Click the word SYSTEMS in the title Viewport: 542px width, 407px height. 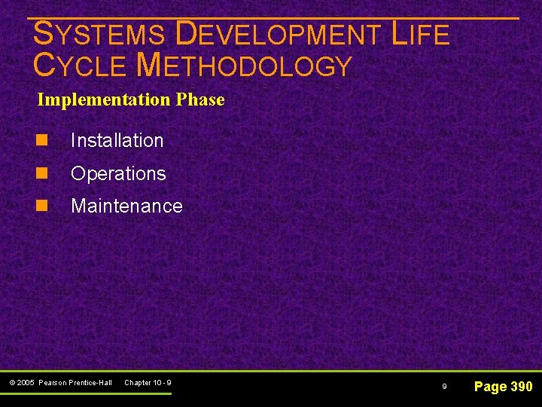click(99, 35)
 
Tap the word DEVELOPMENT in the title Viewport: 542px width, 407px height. click(279, 35)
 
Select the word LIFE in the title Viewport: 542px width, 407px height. click(420, 35)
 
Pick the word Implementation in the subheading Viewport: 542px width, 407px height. click(103, 99)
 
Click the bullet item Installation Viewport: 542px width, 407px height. click(117, 140)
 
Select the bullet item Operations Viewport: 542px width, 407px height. click(118, 173)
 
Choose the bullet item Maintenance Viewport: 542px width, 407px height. click(126, 206)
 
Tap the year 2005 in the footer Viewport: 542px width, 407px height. click(27, 383)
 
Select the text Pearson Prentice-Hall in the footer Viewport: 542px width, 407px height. click(75, 383)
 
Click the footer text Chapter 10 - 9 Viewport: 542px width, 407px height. click(148, 383)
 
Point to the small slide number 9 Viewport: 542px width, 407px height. click(444, 387)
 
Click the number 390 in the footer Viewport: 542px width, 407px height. click(521, 387)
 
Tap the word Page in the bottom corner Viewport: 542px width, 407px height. click(490, 387)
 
